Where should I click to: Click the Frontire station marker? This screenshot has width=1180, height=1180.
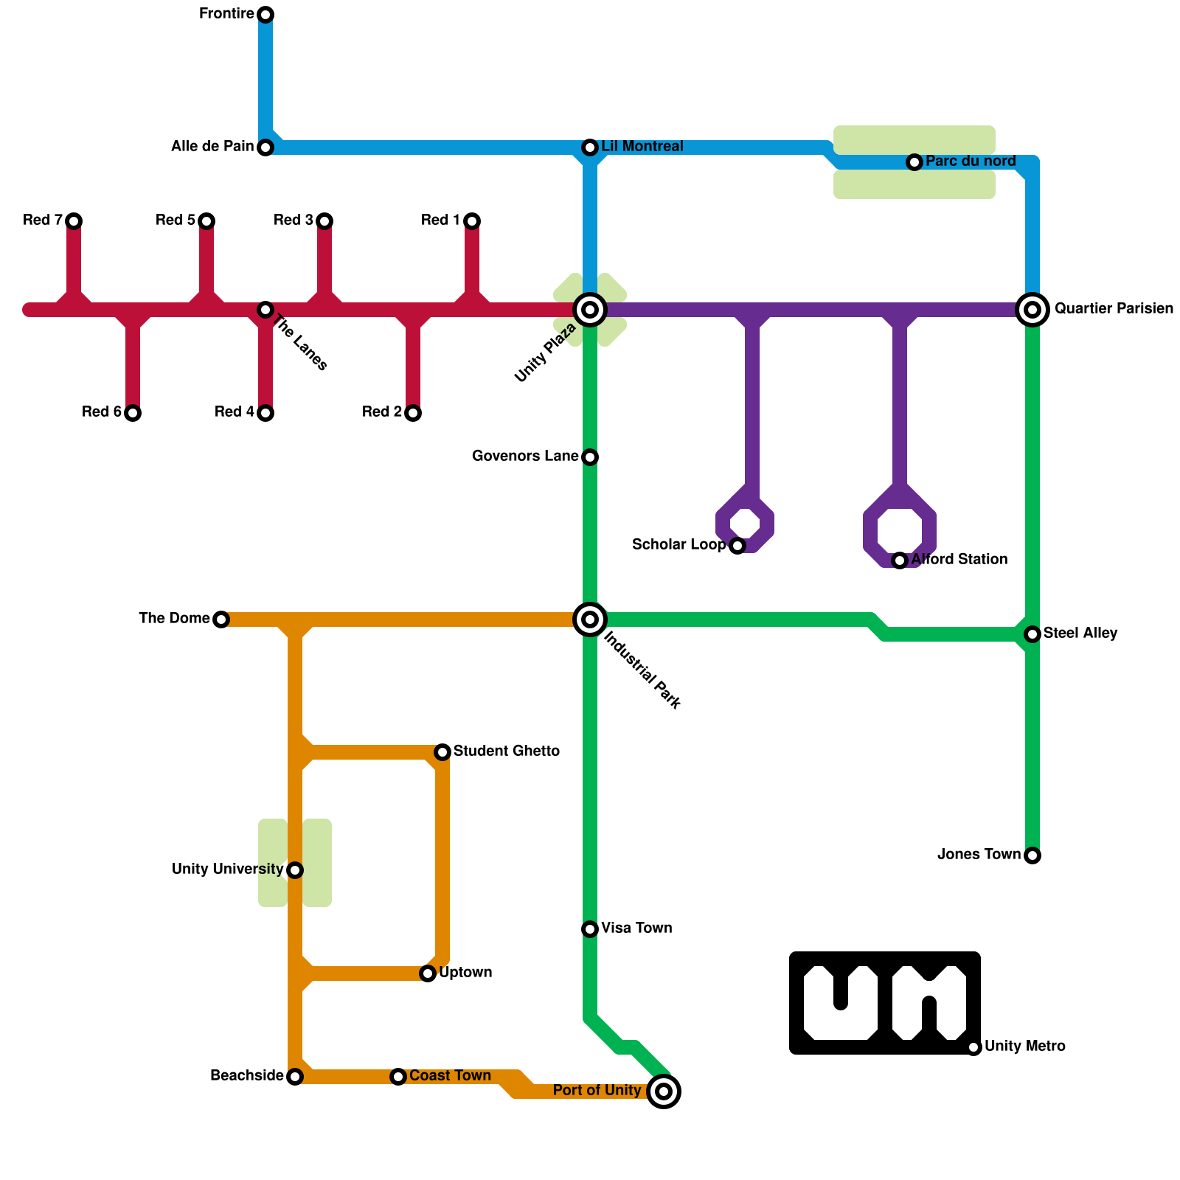pyautogui.click(x=265, y=15)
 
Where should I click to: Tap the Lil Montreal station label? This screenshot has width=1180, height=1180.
pyautogui.click(x=642, y=147)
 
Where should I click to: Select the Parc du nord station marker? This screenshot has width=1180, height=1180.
pyautogui.click(x=914, y=162)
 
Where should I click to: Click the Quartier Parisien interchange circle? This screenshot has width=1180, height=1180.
pyautogui.click(x=1032, y=310)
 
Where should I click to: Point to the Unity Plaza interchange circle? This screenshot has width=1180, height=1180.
pyautogui.click(x=590, y=310)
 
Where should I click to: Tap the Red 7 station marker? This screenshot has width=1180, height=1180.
pyautogui.click(x=74, y=221)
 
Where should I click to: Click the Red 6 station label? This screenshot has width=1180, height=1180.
pyautogui.click(x=102, y=412)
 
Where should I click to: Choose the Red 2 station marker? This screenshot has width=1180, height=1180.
pyautogui.click(x=413, y=413)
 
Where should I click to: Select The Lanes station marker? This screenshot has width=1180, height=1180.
pyautogui.click(x=265, y=310)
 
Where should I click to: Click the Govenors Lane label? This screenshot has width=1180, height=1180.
pyautogui.click(x=525, y=457)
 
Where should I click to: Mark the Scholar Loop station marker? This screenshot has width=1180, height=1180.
pyautogui.click(x=737, y=546)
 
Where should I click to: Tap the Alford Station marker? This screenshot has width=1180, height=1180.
pyautogui.click(x=900, y=560)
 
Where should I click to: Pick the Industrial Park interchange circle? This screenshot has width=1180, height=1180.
pyautogui.click(x=590, y=619)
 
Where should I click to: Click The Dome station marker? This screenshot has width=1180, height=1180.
pyautogui.click(x=221, y=619)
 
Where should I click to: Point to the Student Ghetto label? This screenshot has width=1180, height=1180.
pyautogui.click(x=506, y=752)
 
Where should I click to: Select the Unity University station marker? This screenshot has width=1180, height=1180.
pyautogui.click(x=295, y=870)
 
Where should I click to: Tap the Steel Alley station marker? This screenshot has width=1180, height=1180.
pyautogui.click(x=1032, y=634)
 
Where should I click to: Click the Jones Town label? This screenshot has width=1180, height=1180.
pyautogui.click(x=979, y=855)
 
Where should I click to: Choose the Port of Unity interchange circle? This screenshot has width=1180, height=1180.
pyautogui.click(x=664, y=1091)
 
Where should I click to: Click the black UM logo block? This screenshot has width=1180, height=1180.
pyautogui.click(x=885, y=1003)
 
